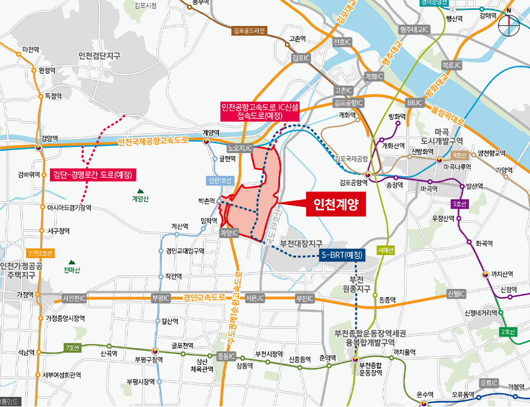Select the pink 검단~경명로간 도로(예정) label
pos(93,175)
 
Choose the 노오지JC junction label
pos(241,149)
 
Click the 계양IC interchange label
pos(229,233)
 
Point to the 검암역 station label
pos(49,138)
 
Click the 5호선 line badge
pos(460,204)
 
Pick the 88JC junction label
pos(414,102)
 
